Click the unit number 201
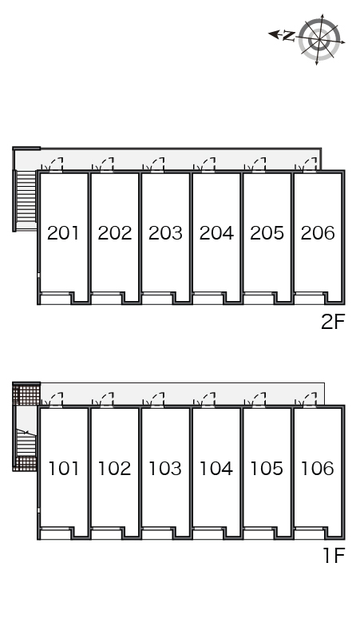(63, 233)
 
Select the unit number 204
(216, 233)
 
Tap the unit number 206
(318, 233)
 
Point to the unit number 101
(63, 468)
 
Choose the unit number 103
(165, 468)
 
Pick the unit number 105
(267, 468)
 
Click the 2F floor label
(333, 323)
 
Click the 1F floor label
(334, 556)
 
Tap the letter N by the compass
(289, 36)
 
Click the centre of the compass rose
(319, 39)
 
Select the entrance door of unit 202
(106, 165)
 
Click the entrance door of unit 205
(259, 165)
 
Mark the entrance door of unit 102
(106, 400)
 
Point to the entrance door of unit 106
(309, 400)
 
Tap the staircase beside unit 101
(27, 442)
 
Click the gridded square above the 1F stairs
(27, 394)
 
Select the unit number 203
(165, 233)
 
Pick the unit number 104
(216, 468)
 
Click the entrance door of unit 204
(208, 165)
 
